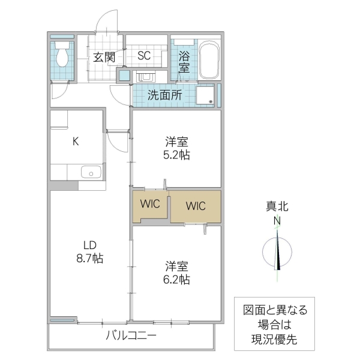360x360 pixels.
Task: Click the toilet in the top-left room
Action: tap(61, 56)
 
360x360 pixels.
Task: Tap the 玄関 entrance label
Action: tap(104, 57)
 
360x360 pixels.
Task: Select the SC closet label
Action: tap(144, 56)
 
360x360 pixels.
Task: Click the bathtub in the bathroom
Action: tap(209, 60)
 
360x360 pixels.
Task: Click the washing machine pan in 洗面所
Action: tap(205, 96)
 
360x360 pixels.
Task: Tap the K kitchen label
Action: tap(76, 142)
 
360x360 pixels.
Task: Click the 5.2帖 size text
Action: tap(178, 155)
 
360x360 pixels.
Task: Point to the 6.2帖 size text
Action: tap(178, 279)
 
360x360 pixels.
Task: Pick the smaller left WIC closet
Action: tap(150, 204)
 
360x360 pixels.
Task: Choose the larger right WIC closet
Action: tap(196, 206)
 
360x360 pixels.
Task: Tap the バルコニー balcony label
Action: tap(131, 335)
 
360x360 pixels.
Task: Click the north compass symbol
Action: tap(278, 252)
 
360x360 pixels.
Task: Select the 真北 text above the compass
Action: tap(277, 207)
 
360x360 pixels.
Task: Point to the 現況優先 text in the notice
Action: tap(275, 339)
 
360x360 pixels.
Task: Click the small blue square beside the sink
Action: tap(123, 75)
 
